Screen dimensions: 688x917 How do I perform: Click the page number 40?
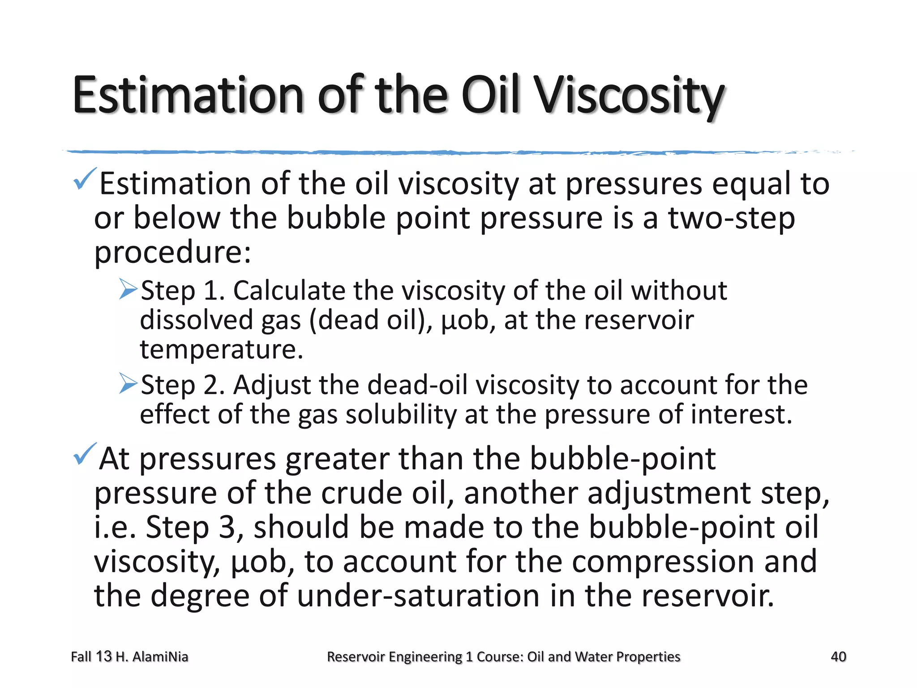tap(838, 657)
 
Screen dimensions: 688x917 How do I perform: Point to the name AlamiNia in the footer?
tap(160, 657)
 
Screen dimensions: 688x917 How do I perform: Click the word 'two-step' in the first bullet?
tap(731, 218)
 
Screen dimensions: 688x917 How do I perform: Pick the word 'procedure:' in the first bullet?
tap(173, 253)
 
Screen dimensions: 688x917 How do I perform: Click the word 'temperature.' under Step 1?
tap(222, 349)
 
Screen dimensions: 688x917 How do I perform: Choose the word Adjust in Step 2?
tap(272, 385)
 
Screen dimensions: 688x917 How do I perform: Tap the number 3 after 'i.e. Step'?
tap(227, 527)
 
